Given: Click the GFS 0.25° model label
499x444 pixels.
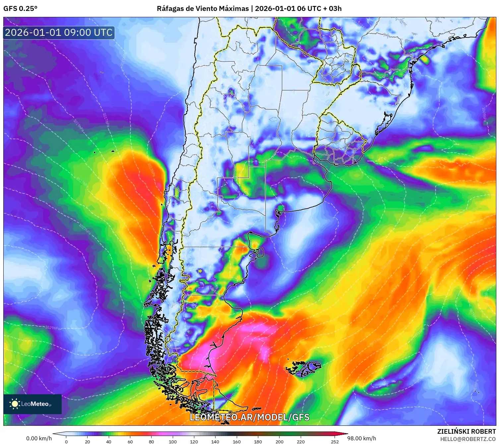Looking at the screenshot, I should [x=20, y=8].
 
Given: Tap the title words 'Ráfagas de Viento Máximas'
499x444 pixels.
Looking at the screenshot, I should [x=203, y=8].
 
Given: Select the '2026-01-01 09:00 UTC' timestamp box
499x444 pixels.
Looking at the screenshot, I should [x=59, y=32].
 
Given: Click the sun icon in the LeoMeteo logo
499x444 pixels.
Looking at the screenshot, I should [x=15, y=404].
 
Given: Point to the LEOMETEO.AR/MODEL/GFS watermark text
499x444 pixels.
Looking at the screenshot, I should [x=249, y=417].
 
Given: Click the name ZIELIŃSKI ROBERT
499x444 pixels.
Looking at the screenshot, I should [x=466, y=431].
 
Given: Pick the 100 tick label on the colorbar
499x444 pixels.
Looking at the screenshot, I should [x=173, y=441].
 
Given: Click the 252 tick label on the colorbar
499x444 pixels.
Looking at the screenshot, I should [x=335, y=441].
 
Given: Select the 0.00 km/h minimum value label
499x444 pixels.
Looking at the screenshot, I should [x=39, y=438].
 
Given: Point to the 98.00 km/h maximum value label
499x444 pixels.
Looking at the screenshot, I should [x=361, y=438].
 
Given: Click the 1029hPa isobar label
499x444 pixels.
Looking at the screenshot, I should [x=52, y=328].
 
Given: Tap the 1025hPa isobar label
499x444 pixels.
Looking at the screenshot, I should [x=48, y=360].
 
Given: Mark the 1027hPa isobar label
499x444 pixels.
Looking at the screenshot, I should [x=85, y=229].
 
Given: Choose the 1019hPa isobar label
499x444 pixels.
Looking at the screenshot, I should [x=79, y=126].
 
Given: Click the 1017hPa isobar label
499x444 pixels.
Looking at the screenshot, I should [x=105, y=120].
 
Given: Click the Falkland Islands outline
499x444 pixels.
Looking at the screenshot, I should [x=303, y=368].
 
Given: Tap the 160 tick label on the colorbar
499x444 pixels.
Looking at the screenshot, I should [x=236, y=441].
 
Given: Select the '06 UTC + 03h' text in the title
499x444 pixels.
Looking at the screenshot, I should [x=319, y=8].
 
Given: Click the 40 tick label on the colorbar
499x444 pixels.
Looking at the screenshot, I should [x=109, y=441].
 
